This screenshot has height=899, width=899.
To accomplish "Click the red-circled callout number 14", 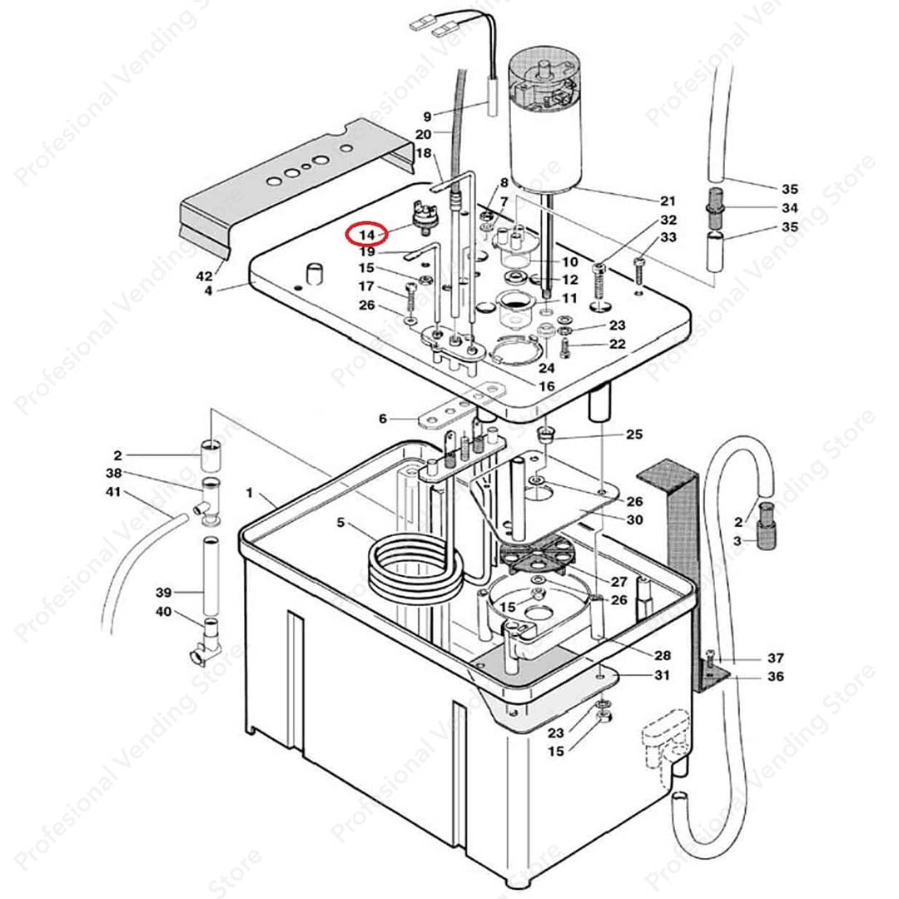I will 367,236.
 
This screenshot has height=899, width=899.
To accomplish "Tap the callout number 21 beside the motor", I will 668,201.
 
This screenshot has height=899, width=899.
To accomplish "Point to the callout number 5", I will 340,523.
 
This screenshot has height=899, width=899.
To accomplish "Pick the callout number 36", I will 776,677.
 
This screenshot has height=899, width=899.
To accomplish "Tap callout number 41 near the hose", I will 112,493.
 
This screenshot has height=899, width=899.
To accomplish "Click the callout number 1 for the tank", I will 249,494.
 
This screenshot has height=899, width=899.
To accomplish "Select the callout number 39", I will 164,593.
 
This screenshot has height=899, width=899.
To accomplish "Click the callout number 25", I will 634,435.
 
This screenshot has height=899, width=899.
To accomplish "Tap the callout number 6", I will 383,419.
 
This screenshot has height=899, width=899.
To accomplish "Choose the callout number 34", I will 789,208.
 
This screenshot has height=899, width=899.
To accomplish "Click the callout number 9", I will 428,116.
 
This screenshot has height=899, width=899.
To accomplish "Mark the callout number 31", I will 662,675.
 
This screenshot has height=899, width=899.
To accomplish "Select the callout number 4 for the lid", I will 208,291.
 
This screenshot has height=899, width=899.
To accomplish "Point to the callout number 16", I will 547,386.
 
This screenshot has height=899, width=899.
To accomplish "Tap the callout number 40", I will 164,612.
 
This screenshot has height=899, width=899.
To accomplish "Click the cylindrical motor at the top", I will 546,125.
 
